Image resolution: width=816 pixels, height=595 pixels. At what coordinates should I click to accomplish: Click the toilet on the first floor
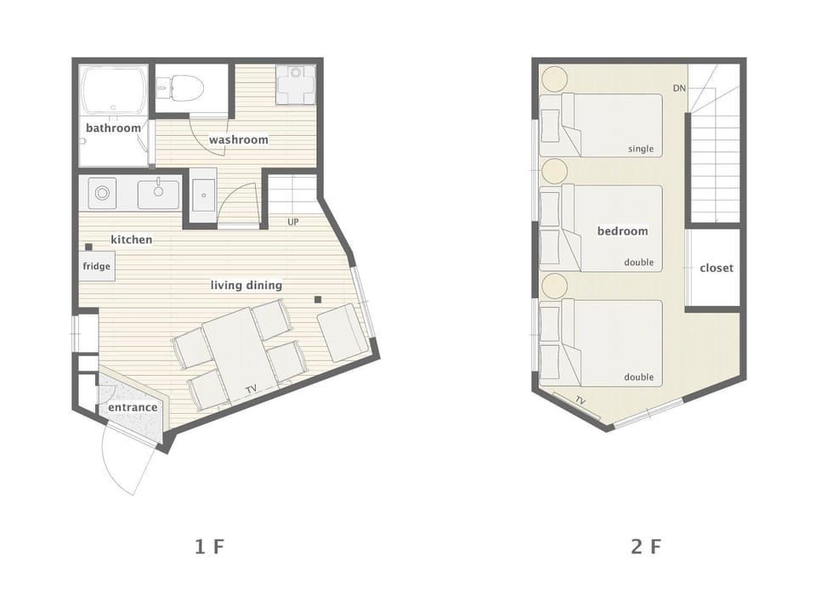(x=180, y=88)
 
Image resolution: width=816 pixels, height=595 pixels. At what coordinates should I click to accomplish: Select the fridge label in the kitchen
(x=96, y=266)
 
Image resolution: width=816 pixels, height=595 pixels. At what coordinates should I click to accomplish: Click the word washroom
(x=238, y=139)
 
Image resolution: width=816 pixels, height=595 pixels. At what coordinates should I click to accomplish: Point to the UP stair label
(x=293, y=222)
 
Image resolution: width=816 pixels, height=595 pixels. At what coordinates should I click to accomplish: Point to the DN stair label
(x=679, y=88)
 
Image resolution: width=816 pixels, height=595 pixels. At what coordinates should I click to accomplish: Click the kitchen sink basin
(x=158, y=194)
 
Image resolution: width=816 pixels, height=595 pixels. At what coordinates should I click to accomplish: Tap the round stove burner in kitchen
(x=103, y=194)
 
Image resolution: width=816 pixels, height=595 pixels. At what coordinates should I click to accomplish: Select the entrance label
(x=133, y=407)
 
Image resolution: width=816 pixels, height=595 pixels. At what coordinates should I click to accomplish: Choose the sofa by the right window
(x=343, y=332)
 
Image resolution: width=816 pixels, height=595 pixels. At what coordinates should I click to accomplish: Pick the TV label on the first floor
(x=252, y=388)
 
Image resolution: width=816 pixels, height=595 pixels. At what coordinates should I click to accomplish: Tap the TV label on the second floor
(x=581, y=401)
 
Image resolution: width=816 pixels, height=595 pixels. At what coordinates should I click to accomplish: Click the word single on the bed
(x=641, y=149)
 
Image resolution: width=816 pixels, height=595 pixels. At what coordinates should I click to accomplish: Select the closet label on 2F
(x=716, y=268)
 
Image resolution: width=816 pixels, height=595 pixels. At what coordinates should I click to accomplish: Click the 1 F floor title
(x=209, y=547)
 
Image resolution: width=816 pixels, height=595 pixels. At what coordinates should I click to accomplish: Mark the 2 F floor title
(x=646, y=547)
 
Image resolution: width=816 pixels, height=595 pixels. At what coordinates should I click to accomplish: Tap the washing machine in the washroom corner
(x=296, y=84)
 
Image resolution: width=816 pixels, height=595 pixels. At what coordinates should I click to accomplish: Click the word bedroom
(x=622, y=231)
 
